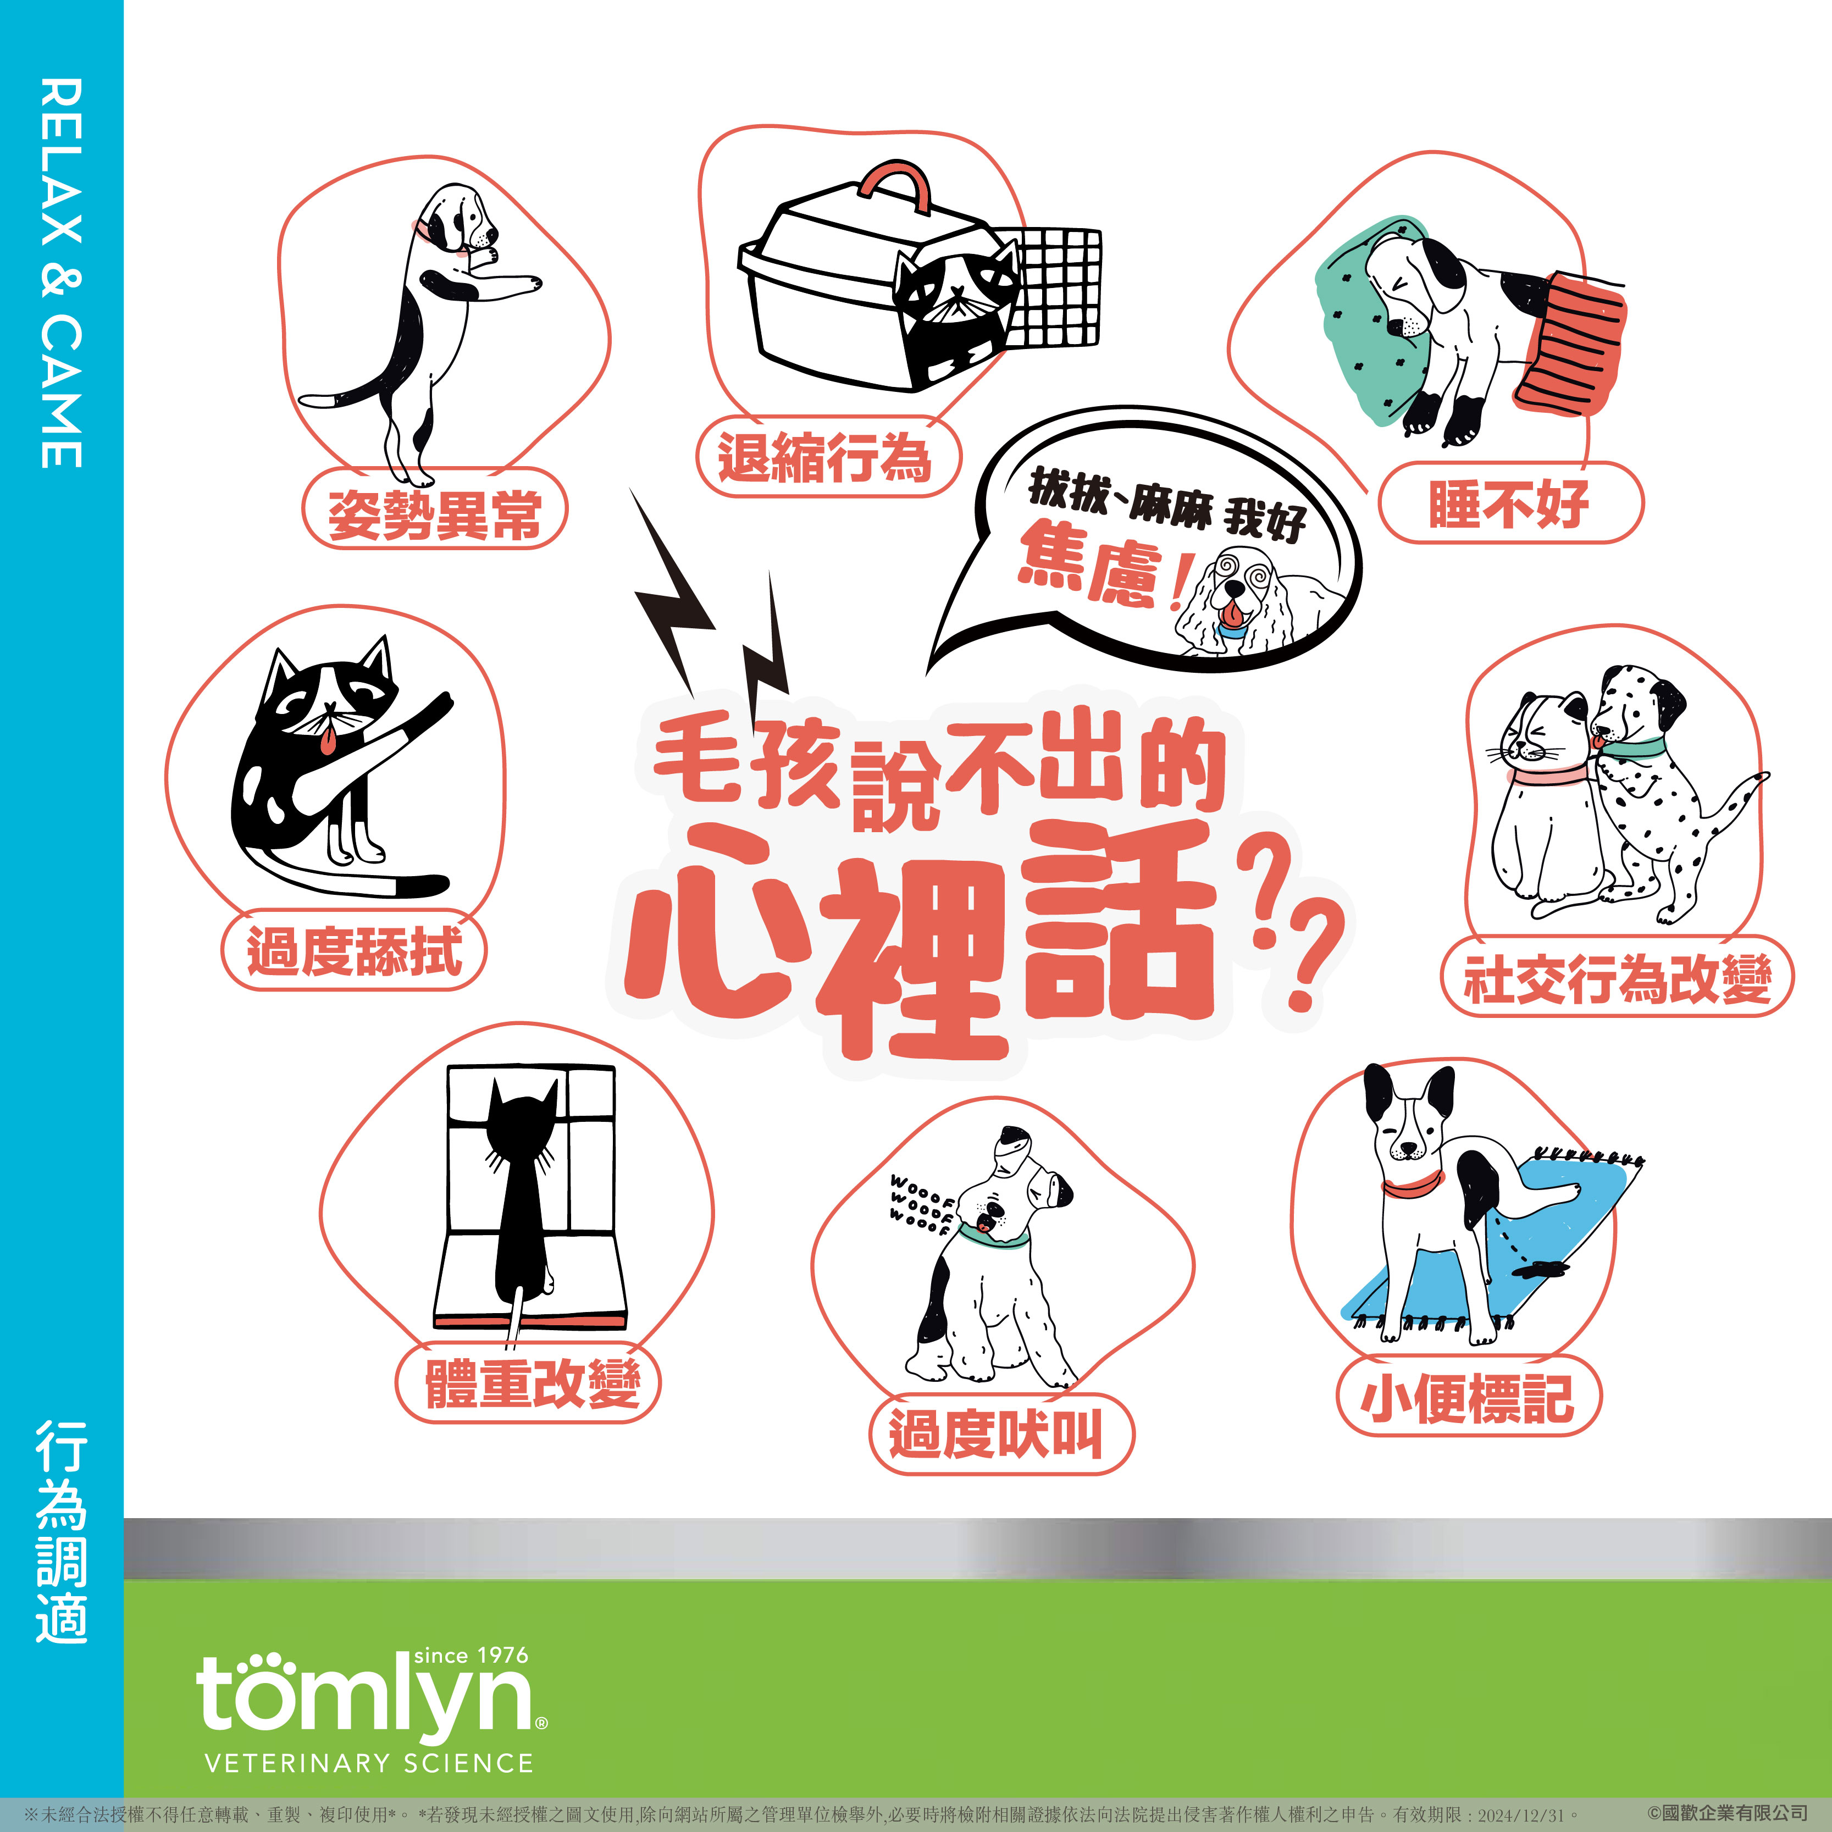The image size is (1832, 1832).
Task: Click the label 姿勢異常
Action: click(434, 515)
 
